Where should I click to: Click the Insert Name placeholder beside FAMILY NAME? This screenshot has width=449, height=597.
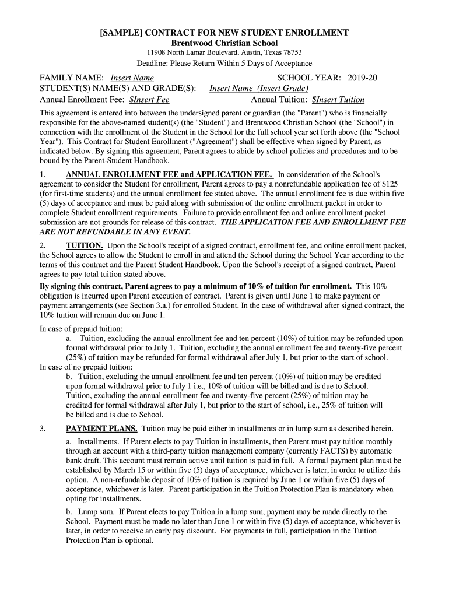tap(132, 78)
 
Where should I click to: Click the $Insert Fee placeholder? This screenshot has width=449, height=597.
tap(149, 100)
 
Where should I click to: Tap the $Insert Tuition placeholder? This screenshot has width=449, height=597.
tap(338, 100)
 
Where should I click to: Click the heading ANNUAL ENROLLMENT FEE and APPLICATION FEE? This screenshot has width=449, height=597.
tap(169, 174)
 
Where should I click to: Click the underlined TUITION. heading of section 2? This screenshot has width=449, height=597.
tap(85, 245)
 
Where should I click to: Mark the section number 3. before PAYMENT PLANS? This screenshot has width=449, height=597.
tap(43, 429)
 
